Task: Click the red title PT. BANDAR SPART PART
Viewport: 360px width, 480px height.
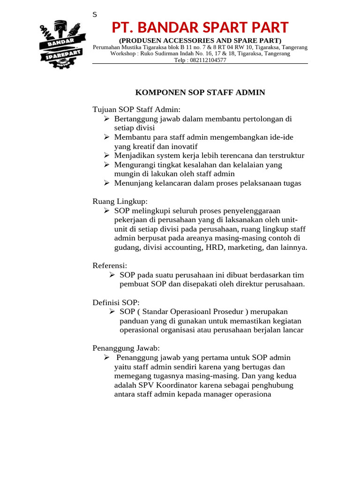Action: tap(200, 27)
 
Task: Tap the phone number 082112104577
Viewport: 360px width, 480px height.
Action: tap(208, 60)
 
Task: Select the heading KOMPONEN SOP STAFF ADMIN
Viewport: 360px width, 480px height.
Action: tap(200, 92)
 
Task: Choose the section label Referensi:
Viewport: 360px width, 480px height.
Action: tap(110, 265)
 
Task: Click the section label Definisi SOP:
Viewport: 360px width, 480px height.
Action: tap(116, 302)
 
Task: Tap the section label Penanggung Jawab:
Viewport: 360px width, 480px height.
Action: tap(126, 348)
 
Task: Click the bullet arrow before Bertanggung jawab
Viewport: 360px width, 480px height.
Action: tap(106, 119)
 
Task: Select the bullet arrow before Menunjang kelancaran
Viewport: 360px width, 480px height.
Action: tap(106, 183)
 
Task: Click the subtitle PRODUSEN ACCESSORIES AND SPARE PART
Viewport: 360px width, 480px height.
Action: tap(200, 40)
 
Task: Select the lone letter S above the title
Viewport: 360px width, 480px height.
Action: tap(95, 15)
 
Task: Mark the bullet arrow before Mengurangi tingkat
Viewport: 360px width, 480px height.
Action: tap(106, 165)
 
